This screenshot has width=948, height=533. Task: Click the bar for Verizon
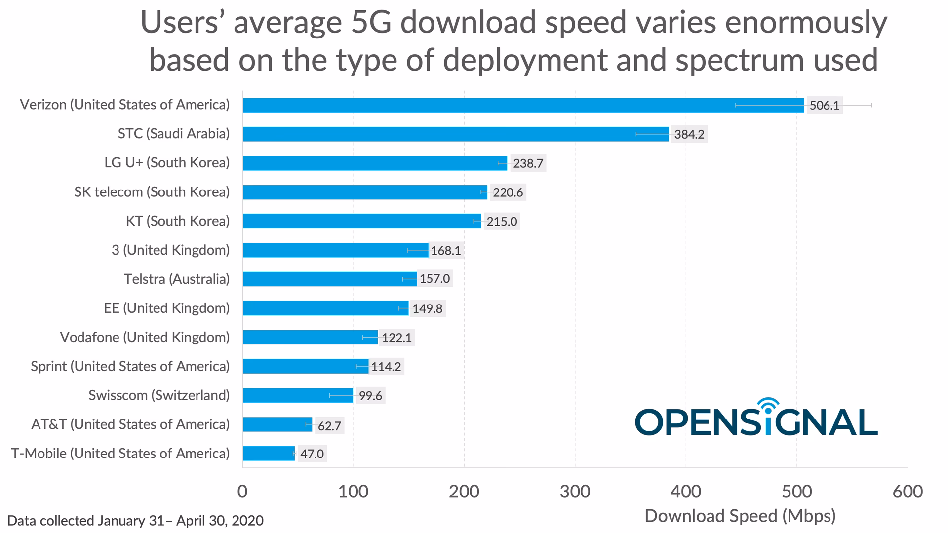[x=523, y=105]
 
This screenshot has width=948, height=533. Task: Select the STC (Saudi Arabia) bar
[x=455, y=134]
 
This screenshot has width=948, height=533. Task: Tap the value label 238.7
[x=528, y=163]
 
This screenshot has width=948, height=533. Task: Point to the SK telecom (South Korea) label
[x=152, y=192]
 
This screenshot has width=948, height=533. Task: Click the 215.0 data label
[x=502, y=221]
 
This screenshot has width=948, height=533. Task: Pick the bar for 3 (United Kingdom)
[x=336, y=250]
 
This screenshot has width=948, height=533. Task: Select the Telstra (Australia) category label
[x=176, y=279]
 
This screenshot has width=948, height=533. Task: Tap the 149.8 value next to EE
[x=428, y=308]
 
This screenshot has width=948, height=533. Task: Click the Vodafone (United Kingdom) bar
[x=310, y=338]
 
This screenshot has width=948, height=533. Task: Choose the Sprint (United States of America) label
[x=130, y=366]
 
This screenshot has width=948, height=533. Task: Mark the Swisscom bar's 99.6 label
[x=370, y=396]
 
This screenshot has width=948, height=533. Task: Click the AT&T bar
[x=277, y=424]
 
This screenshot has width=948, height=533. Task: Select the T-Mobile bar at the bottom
[x=269, y=454]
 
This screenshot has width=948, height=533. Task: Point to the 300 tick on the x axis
[x=575, y=492]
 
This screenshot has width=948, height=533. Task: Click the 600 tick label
[x=908, y=492]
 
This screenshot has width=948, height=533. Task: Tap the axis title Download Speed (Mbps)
[x=740, y=516]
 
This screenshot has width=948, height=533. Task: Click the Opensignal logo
[x=756, y=419]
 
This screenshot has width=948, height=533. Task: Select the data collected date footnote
[x=135, y=521]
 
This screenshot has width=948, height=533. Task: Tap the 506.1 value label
[x=824, y=105]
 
